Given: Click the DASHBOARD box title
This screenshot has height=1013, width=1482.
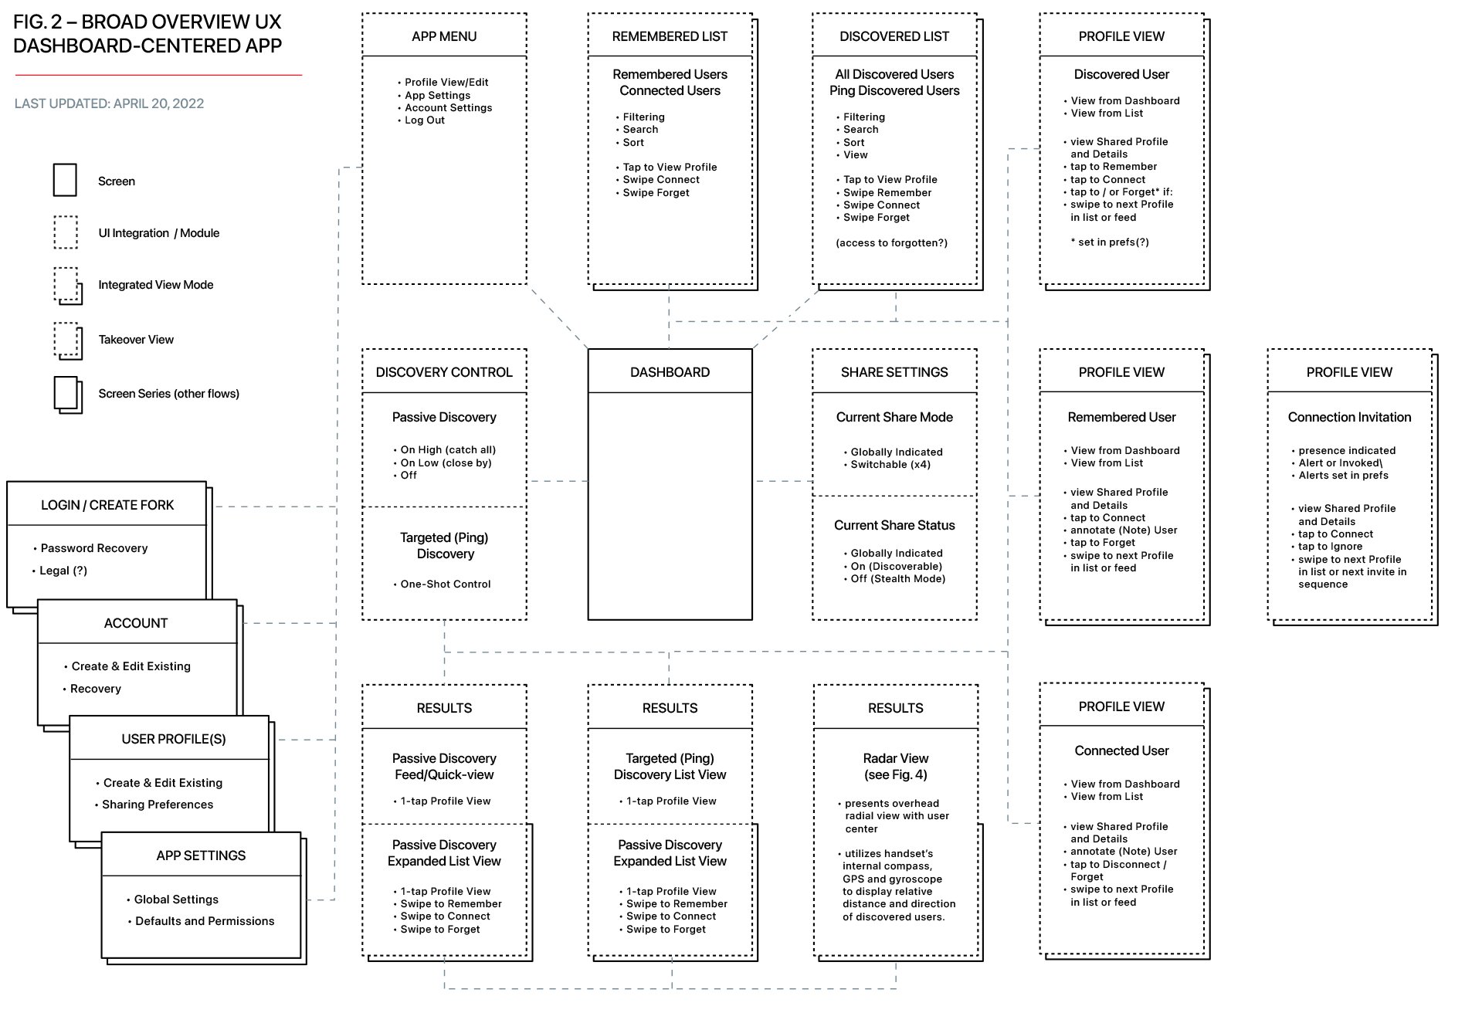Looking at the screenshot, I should tap(670, 372).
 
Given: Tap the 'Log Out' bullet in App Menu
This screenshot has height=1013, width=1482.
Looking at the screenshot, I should tap(425, 120).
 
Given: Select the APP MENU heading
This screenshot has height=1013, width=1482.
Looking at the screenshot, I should tap(444, 36).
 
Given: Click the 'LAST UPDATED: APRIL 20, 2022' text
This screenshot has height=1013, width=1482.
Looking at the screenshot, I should tap(109, 103).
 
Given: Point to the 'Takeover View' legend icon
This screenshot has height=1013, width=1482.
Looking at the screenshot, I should tap(68, 340).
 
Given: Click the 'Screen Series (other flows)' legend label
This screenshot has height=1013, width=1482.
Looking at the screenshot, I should tap(168, 394).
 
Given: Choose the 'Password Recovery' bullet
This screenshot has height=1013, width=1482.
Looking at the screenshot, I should tap(94, 548).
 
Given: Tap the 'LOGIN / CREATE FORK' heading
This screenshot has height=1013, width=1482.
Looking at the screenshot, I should tap(107, 505).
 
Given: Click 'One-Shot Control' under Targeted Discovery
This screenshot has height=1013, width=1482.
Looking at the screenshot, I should tap(446, 584).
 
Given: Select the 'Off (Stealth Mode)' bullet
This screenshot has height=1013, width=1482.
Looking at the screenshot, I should tap(898, 579).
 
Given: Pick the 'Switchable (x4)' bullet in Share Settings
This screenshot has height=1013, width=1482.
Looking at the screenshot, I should tap(890, 465).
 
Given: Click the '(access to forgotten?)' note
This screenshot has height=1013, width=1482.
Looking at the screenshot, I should tap(891, 243).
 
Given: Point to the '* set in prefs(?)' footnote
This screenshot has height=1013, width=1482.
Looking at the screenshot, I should tap(1110, 242).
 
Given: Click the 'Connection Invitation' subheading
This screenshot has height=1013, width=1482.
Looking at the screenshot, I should tap(1349, 417).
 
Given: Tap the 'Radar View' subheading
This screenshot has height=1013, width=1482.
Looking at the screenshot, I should tap(896, 758).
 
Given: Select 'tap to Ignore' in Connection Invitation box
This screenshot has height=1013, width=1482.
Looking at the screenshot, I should tap(1330, 547).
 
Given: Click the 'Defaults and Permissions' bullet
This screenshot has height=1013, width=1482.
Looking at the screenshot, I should tap(205, 921).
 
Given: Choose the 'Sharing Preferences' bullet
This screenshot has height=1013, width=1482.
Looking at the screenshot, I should tap(158, 805).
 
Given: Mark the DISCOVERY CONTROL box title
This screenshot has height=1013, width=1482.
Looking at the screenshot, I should tap(444, 372).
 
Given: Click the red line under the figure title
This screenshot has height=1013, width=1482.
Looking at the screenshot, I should tap(158, 75).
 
